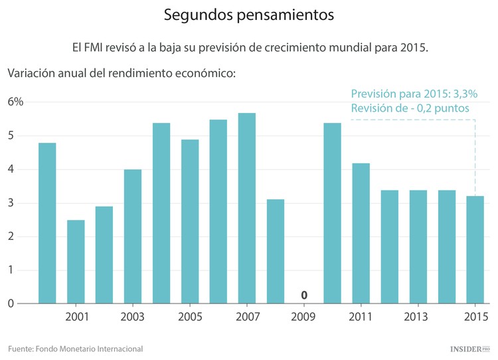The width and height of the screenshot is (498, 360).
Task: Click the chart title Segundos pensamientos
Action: (249, 14)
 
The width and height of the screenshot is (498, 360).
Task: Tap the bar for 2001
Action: (76, 261)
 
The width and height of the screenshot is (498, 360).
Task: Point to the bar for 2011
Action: (361, 232)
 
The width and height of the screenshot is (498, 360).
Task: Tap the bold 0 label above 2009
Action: (304, 295)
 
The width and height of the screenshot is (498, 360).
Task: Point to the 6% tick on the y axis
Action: (15, 102)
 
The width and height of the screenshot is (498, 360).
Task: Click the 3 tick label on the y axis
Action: (11, 203)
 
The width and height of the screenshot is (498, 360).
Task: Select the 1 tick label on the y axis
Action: (11, 270)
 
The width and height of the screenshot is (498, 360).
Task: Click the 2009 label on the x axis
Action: (304, 316)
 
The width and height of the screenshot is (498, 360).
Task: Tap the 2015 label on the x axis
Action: (475, 316)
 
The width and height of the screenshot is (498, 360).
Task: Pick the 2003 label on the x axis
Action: (133, 316)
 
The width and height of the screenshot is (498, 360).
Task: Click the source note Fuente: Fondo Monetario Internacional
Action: (75, 349)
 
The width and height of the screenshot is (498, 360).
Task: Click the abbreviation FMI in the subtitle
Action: (100, 48)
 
